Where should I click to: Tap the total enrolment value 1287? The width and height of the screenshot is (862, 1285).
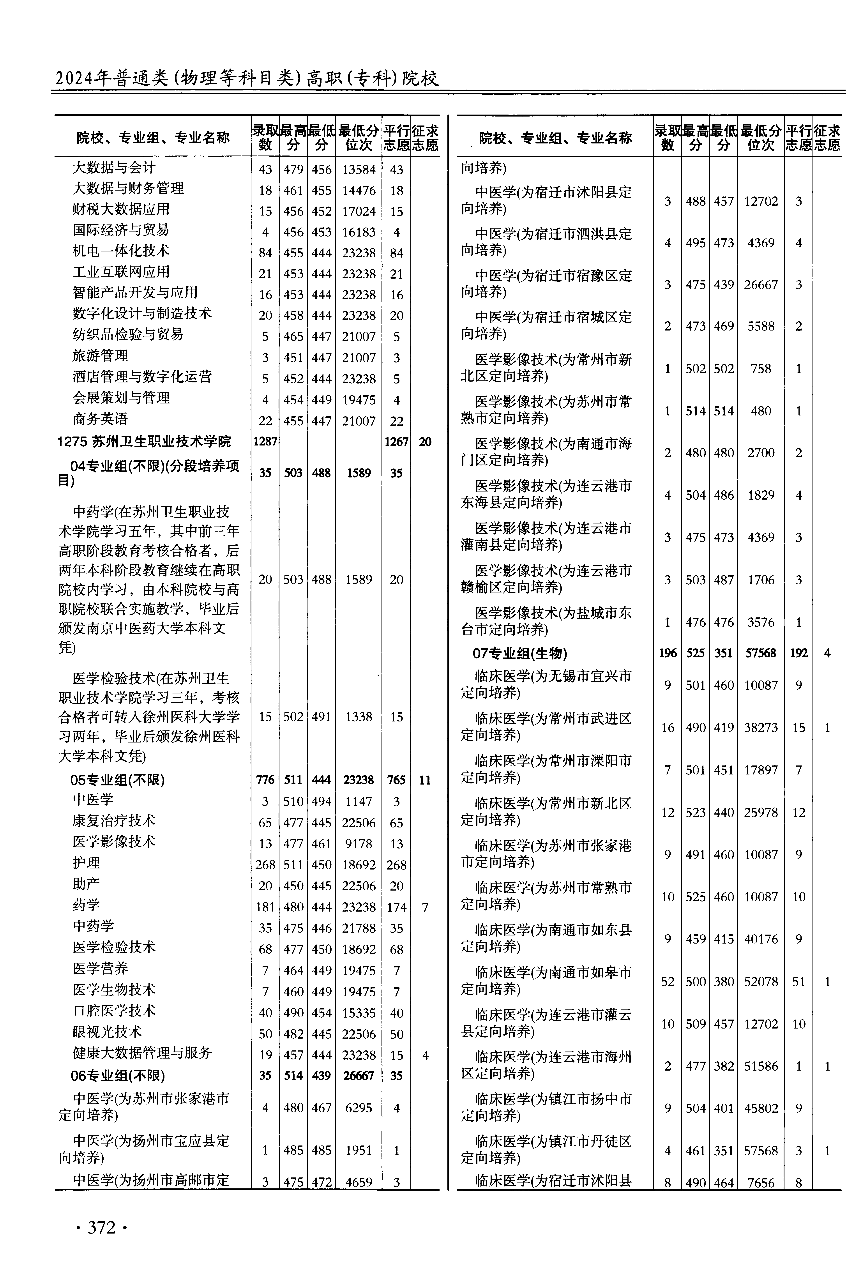(265, 441)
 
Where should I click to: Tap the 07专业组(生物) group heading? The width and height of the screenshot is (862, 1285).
(519, 653)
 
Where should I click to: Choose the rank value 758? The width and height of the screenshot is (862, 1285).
(761, 369)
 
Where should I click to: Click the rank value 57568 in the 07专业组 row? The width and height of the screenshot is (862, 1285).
(761, 653)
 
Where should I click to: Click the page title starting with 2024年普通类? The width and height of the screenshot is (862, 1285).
(247, 79)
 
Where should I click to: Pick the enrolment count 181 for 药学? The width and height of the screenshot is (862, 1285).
(265, 907)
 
